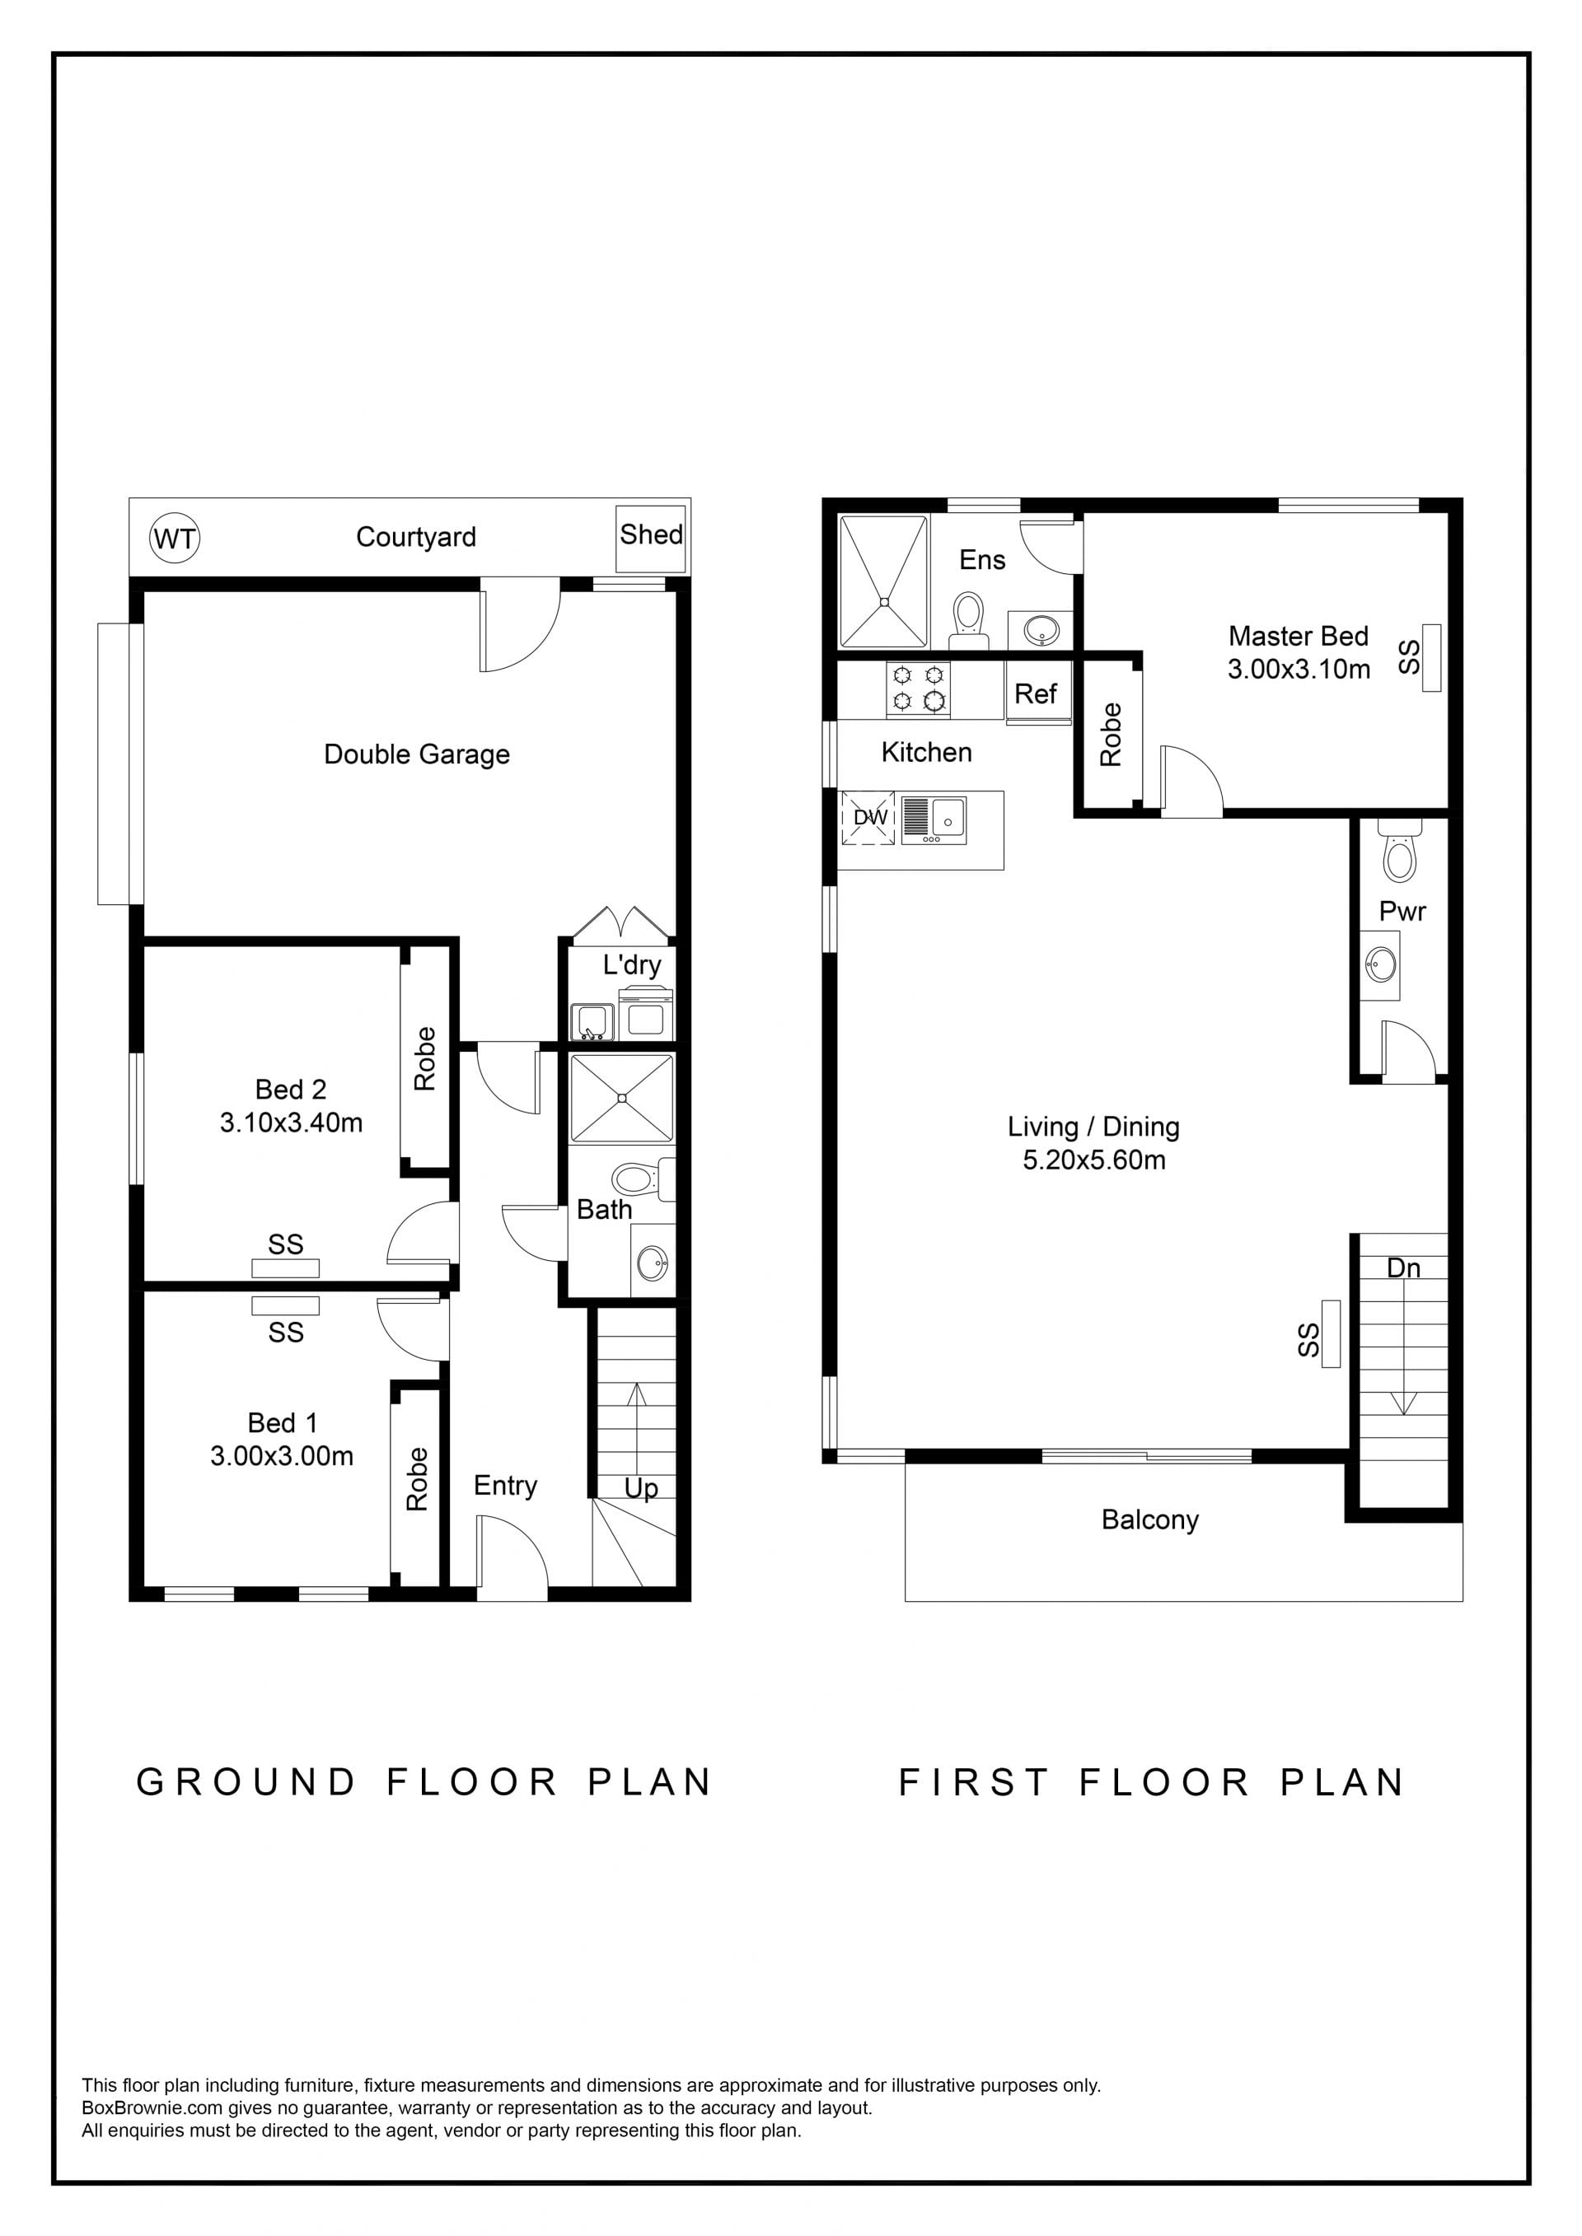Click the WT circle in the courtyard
click(176, 538)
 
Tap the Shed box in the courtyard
click(651, 539)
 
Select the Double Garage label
click(417, 754)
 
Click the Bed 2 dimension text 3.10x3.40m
click(291, 1123)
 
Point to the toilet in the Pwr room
click(1400, 854)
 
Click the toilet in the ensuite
click(968, 619)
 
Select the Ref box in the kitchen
click(1036, 693)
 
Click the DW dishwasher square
click(868, 817)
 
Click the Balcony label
click(1149, 1520)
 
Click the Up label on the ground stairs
click(641, 1488)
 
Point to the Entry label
click(506, 1485)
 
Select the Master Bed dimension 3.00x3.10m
click(1299, 669)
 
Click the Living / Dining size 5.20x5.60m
click(1094, 1160)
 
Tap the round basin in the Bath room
click(652, 1265)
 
